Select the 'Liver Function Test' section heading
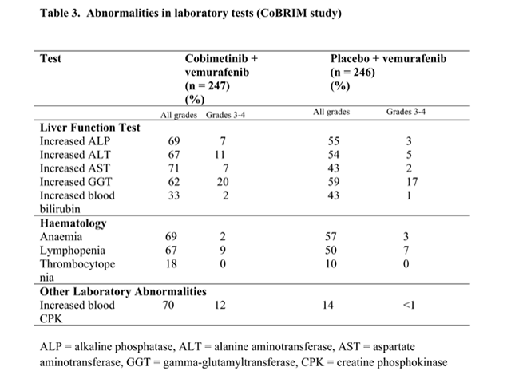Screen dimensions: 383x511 90,127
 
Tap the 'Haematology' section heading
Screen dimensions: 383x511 73,223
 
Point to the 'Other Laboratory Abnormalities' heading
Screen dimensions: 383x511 123,291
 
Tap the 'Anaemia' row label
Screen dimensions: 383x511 61,237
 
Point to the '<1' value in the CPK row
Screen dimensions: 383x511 408,305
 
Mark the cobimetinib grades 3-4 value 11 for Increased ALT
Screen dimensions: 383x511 223,155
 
